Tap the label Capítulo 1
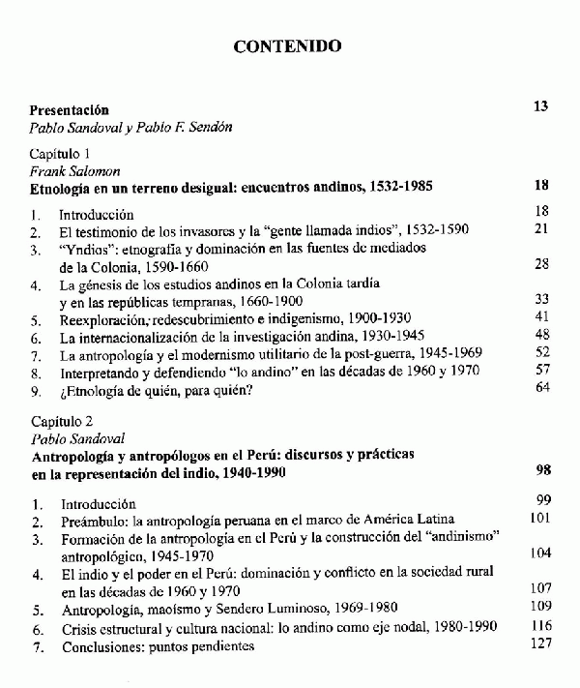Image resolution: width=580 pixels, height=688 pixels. click(x=60, y=154)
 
